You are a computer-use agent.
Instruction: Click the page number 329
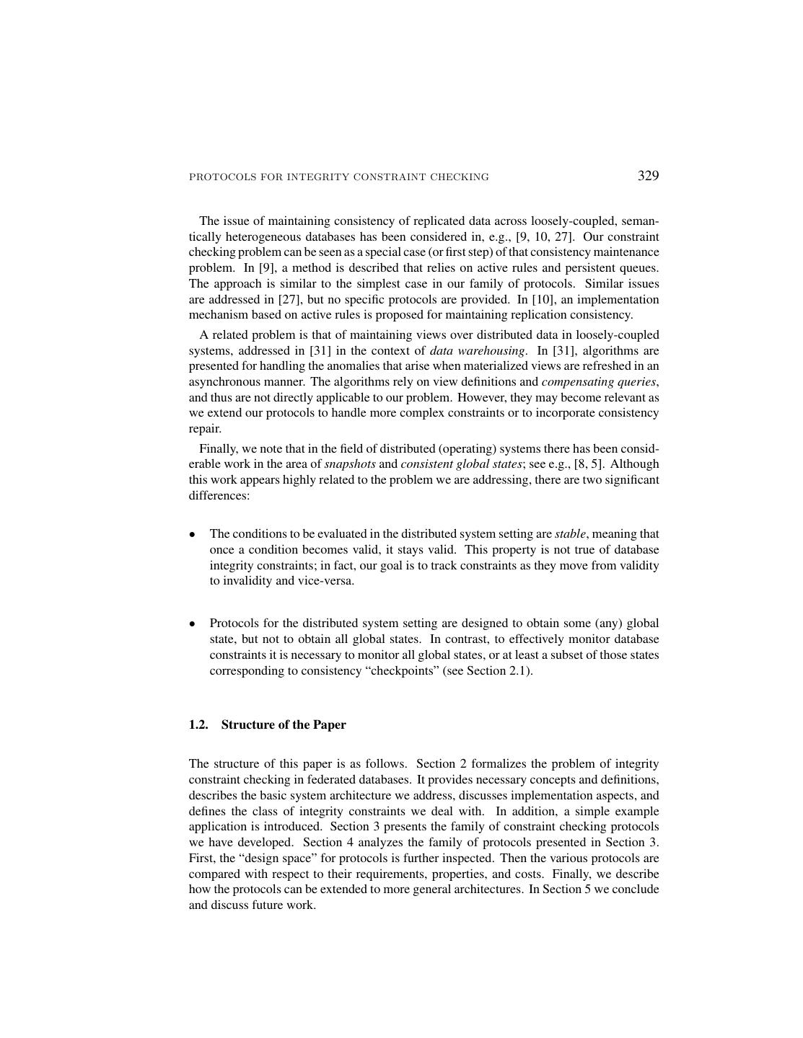(x=648, y=176)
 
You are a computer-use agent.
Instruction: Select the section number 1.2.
(x=198, y=724)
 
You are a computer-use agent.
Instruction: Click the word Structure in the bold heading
(x=247, y=724)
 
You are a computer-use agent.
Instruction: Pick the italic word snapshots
(x=350, y=463)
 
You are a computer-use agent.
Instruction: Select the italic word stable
(x=570, y=534)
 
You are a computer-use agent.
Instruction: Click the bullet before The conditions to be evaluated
(x=193, y=535)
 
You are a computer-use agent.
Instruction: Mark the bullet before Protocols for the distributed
(x=193, y=624)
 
